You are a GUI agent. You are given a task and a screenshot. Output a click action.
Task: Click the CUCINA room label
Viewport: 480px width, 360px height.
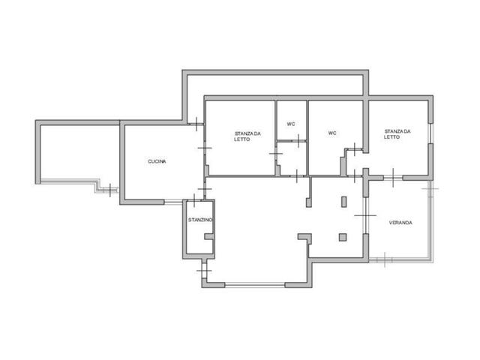tap(157, 161)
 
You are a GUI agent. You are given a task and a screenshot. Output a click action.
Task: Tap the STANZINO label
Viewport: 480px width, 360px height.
tap(200, 220)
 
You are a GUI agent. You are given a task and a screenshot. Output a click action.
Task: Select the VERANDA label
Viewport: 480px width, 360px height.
tap(400, 223)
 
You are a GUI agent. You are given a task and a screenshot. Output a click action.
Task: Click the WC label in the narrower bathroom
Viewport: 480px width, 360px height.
tap(291, 124)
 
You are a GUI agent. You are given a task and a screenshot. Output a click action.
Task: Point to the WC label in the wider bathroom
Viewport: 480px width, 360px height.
tap(332, 133)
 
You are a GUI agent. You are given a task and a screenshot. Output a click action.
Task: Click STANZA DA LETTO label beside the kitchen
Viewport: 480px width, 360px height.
tap(247, 136)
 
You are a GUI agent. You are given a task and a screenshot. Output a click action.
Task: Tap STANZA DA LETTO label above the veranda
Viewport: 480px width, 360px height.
tap(397, 134)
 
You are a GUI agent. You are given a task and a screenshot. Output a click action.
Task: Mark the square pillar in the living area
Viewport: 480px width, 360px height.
tap(343, 237)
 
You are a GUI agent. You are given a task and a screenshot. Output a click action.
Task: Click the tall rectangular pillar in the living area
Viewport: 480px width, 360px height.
tap(344, 202)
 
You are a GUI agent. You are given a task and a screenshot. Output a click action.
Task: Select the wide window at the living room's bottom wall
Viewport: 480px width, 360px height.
tap(255, 285)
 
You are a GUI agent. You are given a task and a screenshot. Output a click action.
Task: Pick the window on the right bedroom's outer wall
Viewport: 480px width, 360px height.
tap(430, 133)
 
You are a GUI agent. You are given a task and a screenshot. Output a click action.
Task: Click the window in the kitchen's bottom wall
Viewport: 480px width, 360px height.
tap(173, 202)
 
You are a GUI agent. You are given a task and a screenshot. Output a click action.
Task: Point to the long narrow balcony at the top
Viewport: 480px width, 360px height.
tap(275, 85)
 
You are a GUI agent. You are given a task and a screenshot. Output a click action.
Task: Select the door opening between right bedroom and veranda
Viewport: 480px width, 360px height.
tap(393, 178)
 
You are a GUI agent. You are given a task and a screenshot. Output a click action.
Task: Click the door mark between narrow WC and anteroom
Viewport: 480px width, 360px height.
tap(298, 141)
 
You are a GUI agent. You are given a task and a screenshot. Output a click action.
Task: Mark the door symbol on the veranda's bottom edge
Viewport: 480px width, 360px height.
tap(385, 260)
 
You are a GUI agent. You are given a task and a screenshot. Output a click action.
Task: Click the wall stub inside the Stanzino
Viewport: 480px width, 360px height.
tap(208, 237)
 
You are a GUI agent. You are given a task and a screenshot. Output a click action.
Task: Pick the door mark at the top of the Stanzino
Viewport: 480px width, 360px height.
tap(194, 200)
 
